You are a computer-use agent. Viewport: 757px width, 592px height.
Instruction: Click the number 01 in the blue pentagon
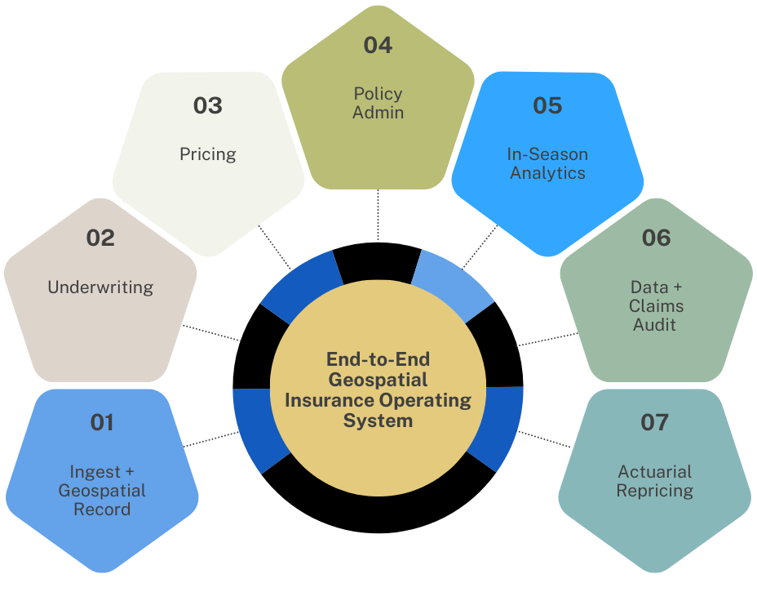[x=102, y=422]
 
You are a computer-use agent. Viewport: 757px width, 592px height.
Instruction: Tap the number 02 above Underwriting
[x=100, y=238]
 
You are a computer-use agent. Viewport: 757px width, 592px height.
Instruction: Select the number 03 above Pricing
[x=208, y=105]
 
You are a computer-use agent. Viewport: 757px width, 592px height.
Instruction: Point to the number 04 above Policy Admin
[x=378, y=45]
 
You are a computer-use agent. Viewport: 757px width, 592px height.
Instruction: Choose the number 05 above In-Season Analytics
[x=547, y=105]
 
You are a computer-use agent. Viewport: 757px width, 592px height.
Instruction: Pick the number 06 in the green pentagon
[x=656, y=238]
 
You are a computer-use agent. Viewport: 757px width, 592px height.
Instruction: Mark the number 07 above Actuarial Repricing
[x=655, y=422]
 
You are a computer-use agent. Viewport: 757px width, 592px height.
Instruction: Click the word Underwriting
[x=100, y=287]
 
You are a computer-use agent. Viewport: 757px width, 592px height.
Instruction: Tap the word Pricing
[x=208, y=154]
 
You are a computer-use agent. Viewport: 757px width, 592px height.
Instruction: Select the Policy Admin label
[x=378, y=103]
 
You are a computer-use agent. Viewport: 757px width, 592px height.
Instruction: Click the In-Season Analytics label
[x=547, y=163]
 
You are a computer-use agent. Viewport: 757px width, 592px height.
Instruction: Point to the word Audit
[x=656, y=325]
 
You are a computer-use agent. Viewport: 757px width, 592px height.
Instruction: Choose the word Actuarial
[x=655, y=471]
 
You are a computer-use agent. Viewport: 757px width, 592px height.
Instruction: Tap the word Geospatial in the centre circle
[x=378, y=380]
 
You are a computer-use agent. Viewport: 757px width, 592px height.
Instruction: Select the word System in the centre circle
[x=378, y=421]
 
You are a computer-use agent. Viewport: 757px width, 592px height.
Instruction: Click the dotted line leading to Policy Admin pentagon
[x=378, y=216]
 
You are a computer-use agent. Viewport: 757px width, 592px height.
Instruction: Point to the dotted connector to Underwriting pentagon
[x=210, y=332]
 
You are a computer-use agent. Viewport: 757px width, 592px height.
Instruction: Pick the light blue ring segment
[x=451, y=278]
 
